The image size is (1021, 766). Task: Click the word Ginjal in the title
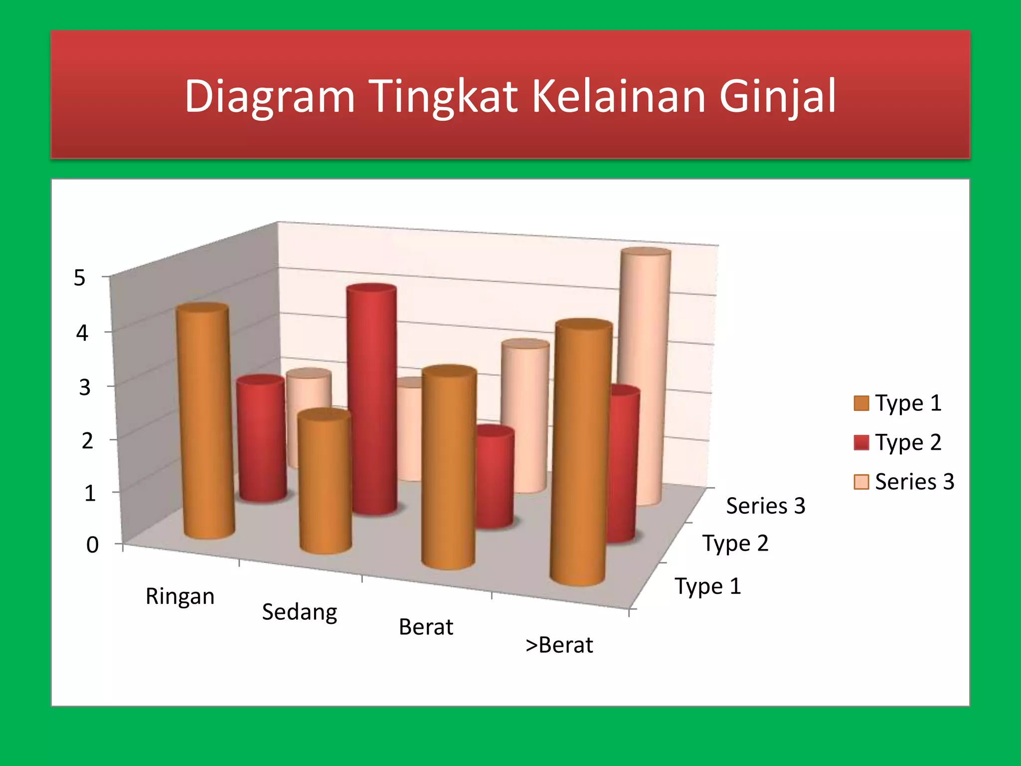point(777,96)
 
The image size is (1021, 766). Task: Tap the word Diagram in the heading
point(269,96)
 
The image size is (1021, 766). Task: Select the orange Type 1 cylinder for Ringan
point(205,424)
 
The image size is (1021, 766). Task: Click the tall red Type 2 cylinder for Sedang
point(373,399)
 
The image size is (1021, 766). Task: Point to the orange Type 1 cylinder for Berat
point(449,469)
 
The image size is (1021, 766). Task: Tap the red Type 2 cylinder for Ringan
point(261,439)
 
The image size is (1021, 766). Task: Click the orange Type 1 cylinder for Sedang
point(325,484)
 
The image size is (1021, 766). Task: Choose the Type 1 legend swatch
point(861,403)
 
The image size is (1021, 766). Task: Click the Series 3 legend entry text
point(914,482)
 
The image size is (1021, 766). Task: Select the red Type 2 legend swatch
point(861,442)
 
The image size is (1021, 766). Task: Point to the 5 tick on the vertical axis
point(80,278)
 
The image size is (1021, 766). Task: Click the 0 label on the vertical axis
point(92,545)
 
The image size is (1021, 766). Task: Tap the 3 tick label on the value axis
point(85,387)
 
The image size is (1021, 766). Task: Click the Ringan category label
point(180,596)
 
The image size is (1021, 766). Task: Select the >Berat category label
point(559,645)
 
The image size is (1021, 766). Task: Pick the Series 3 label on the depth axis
point(765,506)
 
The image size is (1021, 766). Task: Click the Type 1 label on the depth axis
point(707,586)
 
